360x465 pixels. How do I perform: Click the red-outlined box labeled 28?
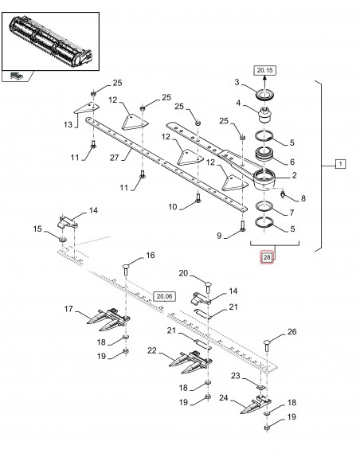(267, 257)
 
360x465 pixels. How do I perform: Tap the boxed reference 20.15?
(264, 70)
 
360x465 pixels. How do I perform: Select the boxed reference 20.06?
(165, 296)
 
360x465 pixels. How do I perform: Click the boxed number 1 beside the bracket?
(340, 164)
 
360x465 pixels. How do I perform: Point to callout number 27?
(114, 158)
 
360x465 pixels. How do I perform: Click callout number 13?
(68, 124)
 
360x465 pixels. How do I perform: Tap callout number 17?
(68, 309)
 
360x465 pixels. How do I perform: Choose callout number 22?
(152, 350)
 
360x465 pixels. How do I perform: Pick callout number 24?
(223, 397)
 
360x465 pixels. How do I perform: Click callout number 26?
(292, 331)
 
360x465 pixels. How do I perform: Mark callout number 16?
(151, 255)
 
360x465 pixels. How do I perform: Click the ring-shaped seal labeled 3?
(265, 96)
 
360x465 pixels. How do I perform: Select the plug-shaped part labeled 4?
(264, 115)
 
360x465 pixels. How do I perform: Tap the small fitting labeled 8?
(283, 194)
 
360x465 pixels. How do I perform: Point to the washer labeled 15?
(62, 239)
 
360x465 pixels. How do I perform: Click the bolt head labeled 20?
(208, 286)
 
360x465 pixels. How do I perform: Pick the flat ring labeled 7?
(264, 205)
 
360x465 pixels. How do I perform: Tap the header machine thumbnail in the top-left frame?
(50, 41)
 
